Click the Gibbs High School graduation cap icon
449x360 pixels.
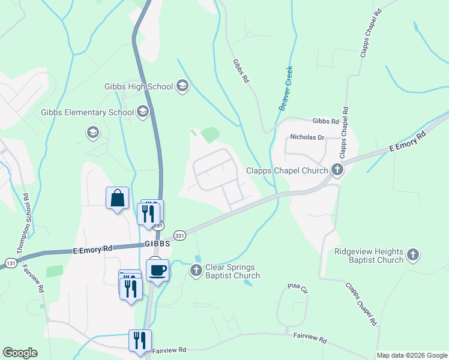[182, 87]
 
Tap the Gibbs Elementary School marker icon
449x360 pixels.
[142, 112]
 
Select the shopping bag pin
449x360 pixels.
[118, 198]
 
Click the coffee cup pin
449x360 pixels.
[157, 270]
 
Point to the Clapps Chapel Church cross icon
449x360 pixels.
[337, 170]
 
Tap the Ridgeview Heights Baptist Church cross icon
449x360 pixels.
[412, 255]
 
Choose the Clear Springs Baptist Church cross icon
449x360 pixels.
[196, 271]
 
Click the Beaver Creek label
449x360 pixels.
[285, 88]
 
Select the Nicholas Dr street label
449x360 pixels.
[307, 137]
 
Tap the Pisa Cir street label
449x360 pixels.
[298, 289]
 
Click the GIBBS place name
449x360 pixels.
[157, 244]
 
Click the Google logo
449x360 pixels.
[20, 353]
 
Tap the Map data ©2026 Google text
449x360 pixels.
[412, 355]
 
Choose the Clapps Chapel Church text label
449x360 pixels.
[287, 170]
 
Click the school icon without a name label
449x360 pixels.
[92, 132]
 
